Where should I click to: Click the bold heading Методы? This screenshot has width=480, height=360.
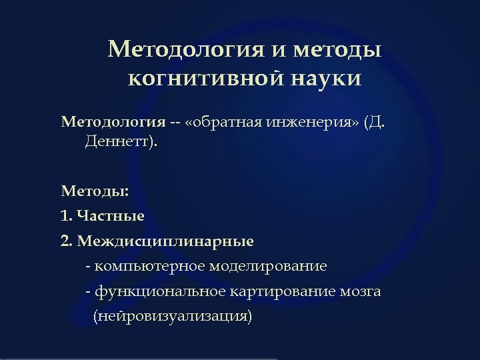(x=95, y=191)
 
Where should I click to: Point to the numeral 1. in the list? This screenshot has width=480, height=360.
(x=67, y=216)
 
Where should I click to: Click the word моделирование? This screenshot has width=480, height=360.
(x=268, y=267)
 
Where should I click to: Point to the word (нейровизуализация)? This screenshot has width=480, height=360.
(x=173, y=316)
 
